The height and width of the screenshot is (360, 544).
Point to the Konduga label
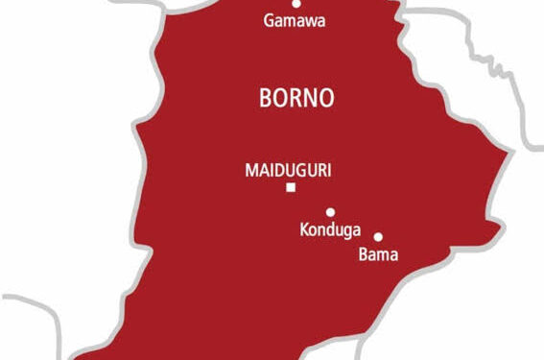point(326,230)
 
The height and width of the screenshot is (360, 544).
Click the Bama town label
point(377,254)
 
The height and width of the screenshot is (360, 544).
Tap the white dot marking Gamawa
point(296,3)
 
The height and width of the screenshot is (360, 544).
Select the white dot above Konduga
point(330,212)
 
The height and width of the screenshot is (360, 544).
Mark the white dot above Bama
point(378,237)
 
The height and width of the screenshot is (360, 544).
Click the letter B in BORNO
point(266,97)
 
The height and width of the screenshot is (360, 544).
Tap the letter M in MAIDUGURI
point(251,169)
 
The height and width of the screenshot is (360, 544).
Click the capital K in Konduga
point(304,230)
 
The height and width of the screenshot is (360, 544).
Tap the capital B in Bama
point(362,254)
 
